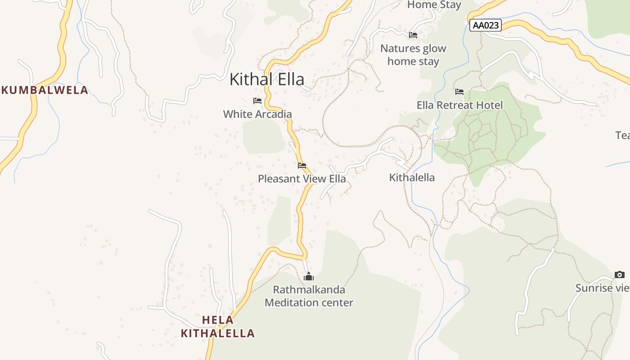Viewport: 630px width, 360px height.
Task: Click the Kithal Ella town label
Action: [267, 79]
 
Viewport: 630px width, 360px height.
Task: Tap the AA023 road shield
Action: [486, 25]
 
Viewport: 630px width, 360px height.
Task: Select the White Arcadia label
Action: [257, 114]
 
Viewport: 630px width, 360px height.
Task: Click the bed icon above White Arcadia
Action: [257, 101]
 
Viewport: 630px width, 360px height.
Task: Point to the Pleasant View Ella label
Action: [302, 179]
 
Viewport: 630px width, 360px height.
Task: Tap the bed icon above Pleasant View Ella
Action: [302, 166]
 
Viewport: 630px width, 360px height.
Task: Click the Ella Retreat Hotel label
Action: [459, 105]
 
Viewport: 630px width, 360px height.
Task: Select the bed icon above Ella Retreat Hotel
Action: [459, 92]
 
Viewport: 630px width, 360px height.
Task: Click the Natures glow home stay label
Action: [413, 55]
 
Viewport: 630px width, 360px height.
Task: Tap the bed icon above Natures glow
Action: [413, 35]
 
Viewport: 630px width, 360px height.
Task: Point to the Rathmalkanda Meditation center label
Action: [309, 296]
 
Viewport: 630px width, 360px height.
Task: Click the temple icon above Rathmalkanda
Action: [309, 276]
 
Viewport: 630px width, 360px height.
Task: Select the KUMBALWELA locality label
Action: [45, 90]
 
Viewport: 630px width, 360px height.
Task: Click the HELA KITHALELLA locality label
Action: [218, 327]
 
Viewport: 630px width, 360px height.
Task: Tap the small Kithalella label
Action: [412, 178]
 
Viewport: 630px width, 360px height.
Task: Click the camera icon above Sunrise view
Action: [620, 274]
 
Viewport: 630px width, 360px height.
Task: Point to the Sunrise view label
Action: [602, 288]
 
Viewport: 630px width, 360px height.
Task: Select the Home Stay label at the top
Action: [434, 5]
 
